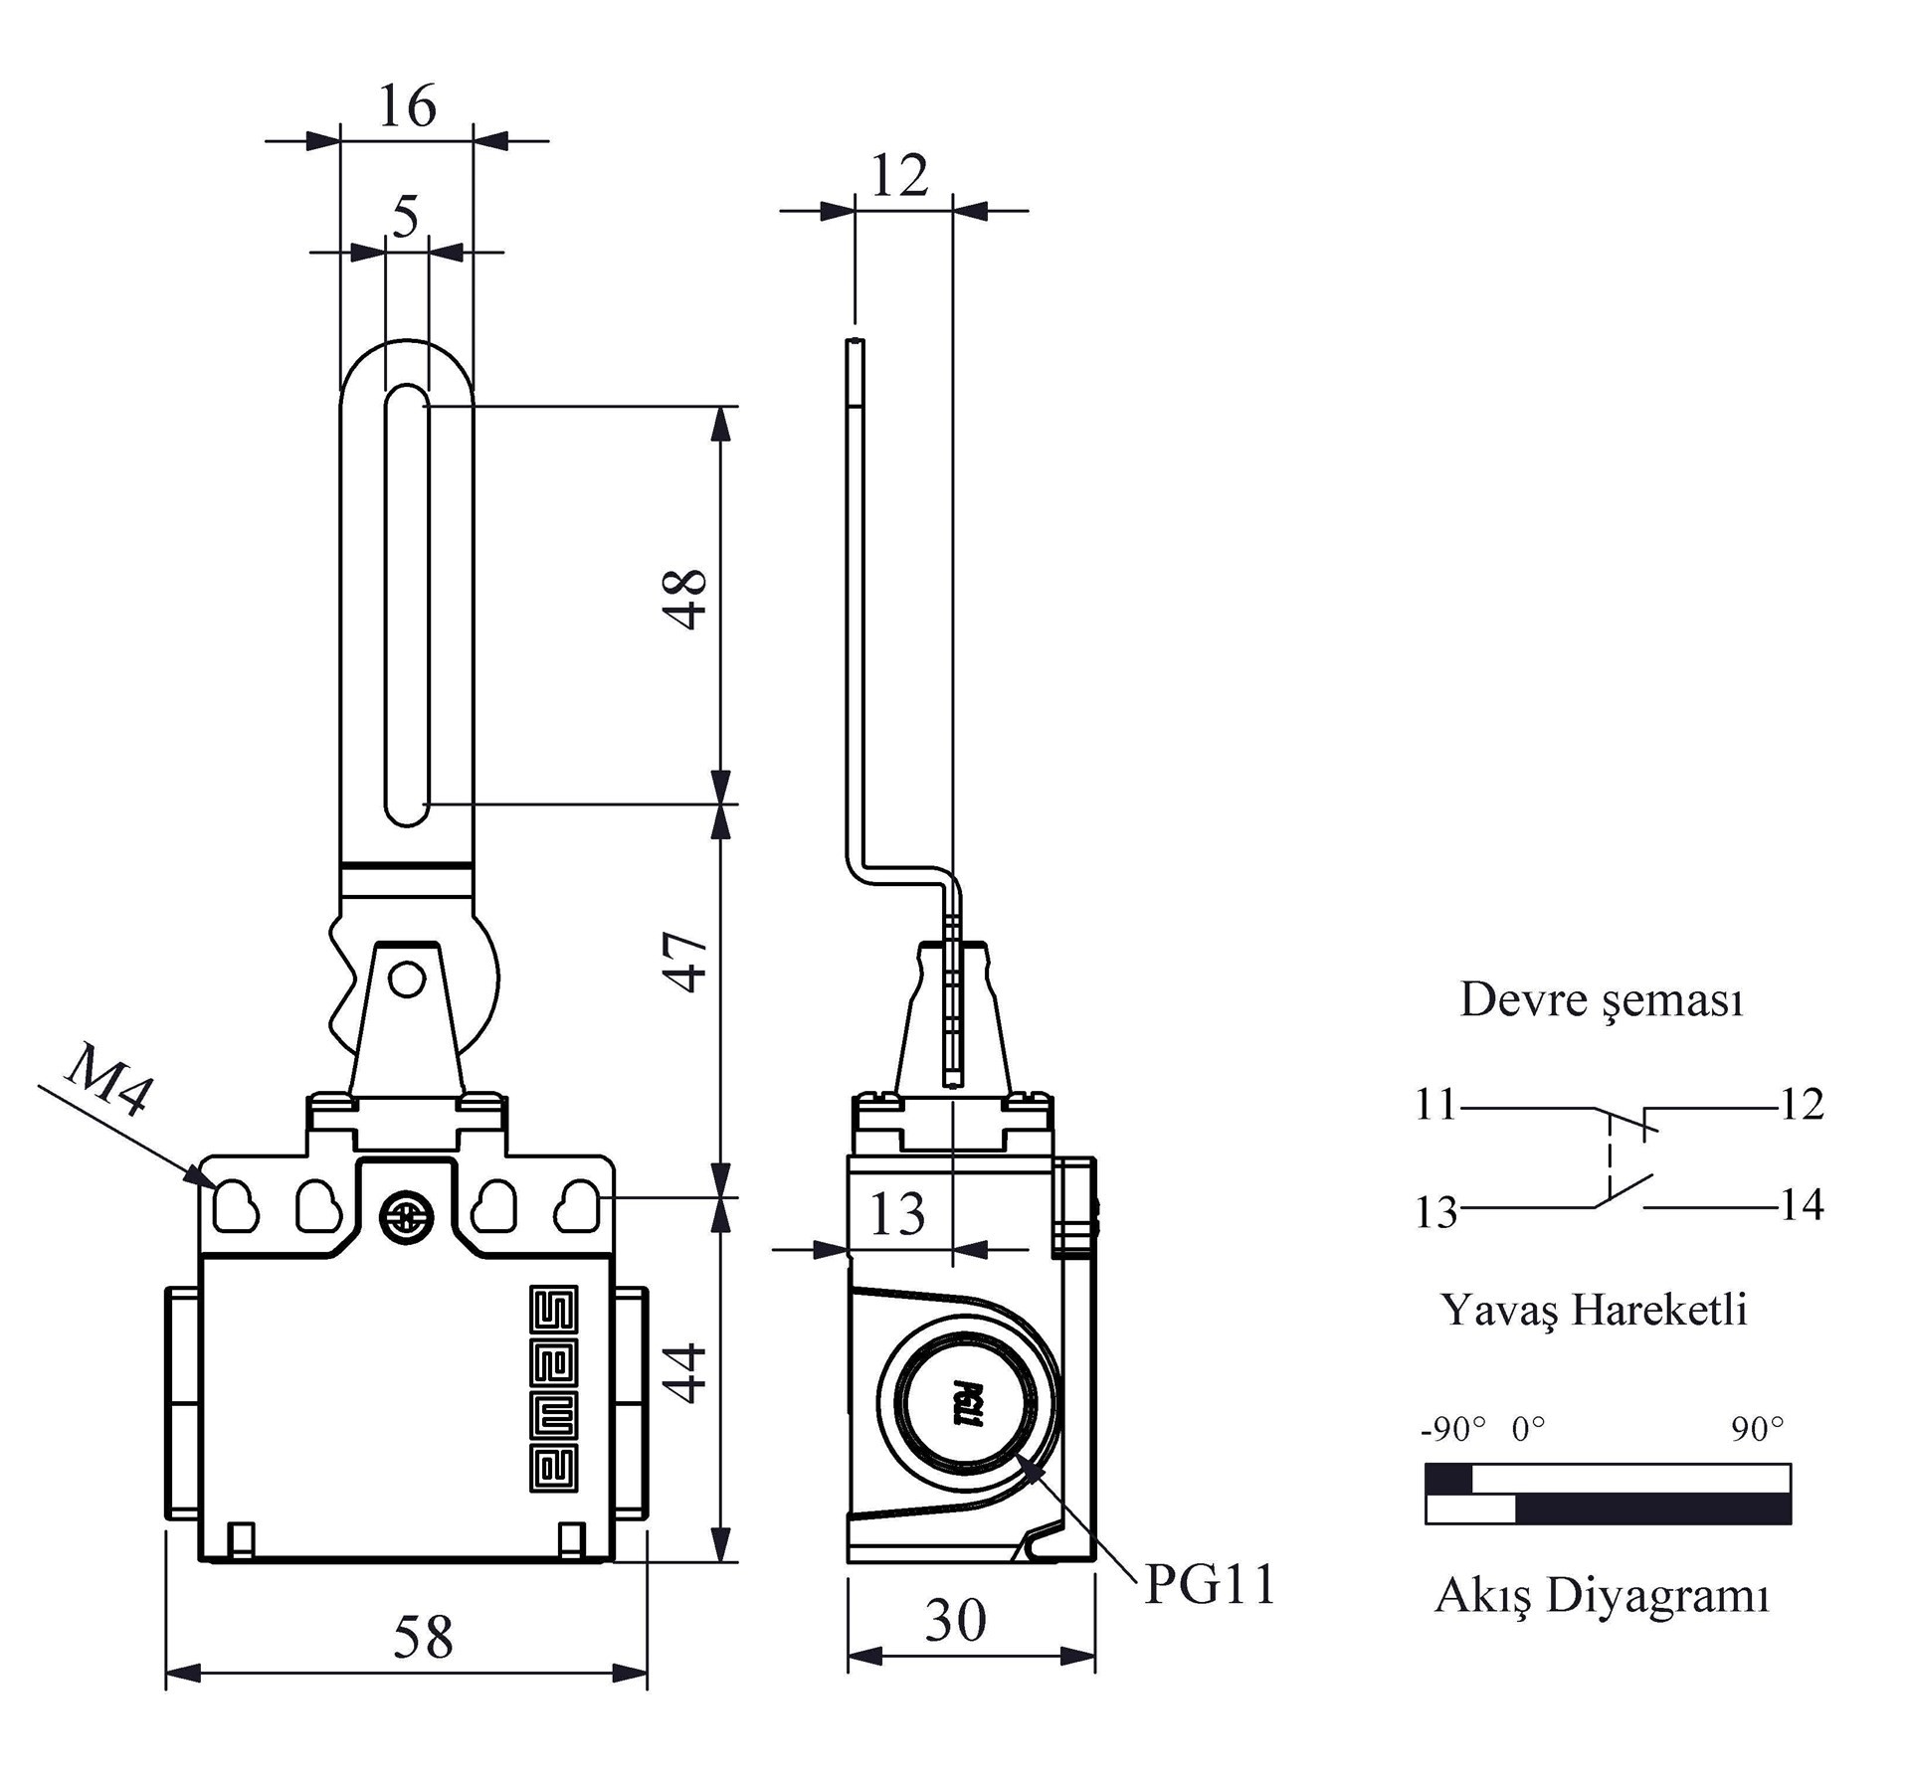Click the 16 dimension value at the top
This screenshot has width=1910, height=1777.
pos(407,105)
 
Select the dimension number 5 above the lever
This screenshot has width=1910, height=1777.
pos(406,216)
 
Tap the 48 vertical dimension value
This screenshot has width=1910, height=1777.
pos(686,599)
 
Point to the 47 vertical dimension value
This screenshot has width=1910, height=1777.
pos(686,962)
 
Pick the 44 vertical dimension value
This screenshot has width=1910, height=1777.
pos(686,1373)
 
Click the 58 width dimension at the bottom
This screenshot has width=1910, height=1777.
pos(423,1637)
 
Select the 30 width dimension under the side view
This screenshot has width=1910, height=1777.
pos(956,1620)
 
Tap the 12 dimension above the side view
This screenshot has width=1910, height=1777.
pos(899,175)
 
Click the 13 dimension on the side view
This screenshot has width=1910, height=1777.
pos(897,1214)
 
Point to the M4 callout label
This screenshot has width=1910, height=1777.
pos(109,1080)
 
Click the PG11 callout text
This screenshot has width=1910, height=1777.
pos(1210,1585)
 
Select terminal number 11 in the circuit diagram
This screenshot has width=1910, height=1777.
pos(1436,1105)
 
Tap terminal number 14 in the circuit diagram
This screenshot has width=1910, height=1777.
pos(1802,1205)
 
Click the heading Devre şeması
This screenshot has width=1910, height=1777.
pos(1602,1001)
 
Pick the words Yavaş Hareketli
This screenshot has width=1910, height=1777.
pos(1595,1311)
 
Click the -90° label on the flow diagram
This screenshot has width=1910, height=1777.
pos(1453,1430)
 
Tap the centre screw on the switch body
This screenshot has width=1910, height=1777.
pos(406,1218)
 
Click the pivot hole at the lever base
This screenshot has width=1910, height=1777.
pos(407,979)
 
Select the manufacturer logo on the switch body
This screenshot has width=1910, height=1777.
pos(553,1389)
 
